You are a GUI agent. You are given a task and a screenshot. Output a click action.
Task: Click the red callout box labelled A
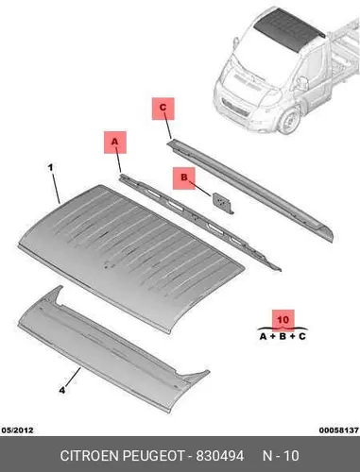115,143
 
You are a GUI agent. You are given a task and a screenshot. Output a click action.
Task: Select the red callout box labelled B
184,178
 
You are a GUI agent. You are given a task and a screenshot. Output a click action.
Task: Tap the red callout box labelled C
163,109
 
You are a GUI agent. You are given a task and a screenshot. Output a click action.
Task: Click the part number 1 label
50,167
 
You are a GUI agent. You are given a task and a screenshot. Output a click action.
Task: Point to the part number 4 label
62,390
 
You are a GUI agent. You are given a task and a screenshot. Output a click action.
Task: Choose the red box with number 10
283,320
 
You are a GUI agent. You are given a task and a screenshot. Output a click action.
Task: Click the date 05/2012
18,430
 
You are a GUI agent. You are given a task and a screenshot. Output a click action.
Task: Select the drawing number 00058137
339,430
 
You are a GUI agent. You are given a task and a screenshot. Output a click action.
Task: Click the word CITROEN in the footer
89,456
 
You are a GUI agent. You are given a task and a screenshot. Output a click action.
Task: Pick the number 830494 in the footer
220,456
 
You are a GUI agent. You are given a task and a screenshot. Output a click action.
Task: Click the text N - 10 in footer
281,456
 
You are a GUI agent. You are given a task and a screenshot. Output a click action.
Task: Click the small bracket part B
223,203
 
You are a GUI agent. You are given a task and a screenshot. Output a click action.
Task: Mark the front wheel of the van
289,121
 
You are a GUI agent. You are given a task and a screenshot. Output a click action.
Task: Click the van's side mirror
302,83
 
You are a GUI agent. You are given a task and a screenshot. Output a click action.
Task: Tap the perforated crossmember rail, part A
199,221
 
